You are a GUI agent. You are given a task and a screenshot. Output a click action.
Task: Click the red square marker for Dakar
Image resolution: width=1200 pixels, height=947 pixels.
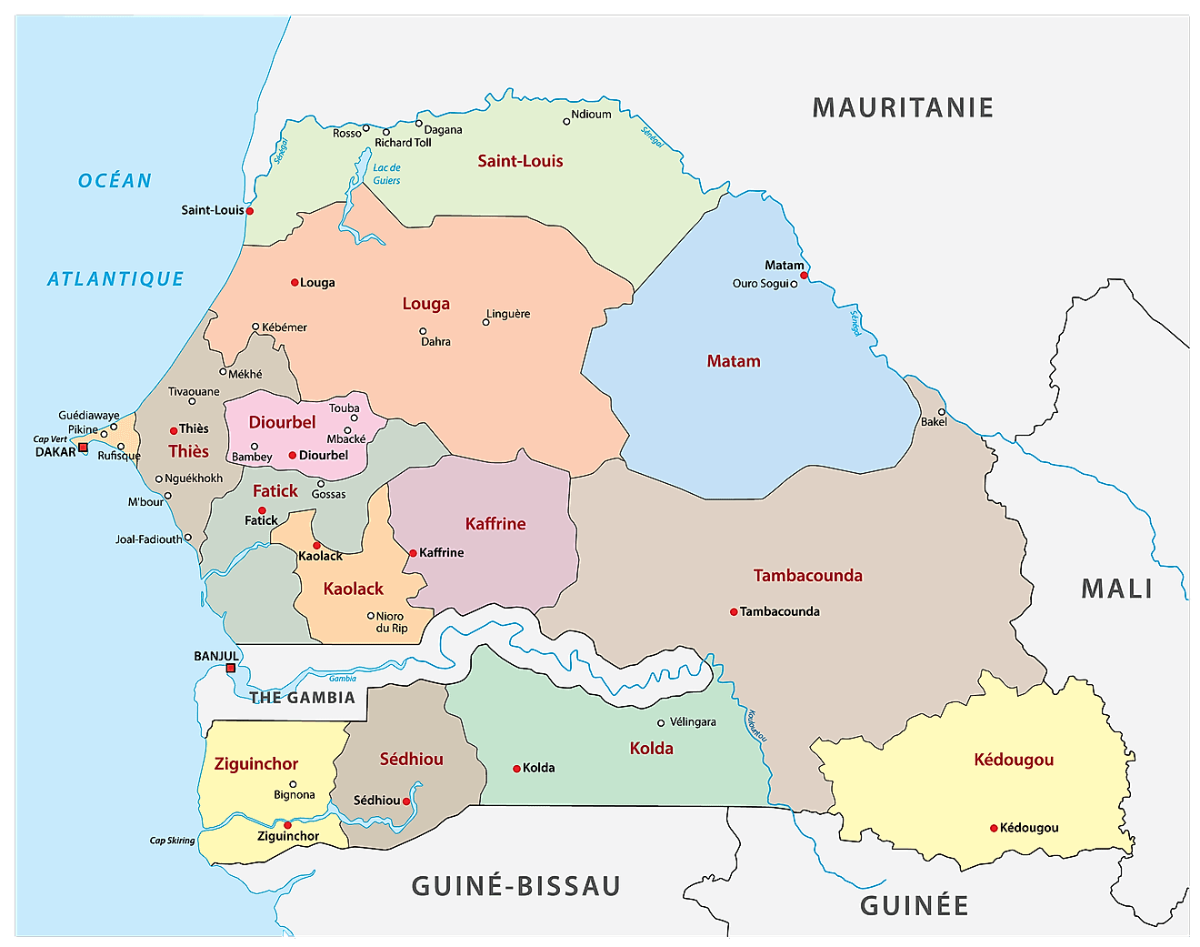(x=83, y=448)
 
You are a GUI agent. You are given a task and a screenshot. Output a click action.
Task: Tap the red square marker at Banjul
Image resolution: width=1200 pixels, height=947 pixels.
(x=231, y=668)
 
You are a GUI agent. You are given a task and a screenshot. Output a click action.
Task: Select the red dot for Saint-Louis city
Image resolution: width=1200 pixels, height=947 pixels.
(x=250, y=211)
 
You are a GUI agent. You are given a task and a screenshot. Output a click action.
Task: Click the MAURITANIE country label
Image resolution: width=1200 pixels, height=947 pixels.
(x=902, y=108)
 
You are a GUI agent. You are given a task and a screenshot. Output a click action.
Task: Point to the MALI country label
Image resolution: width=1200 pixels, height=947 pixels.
(x=1116, y=589)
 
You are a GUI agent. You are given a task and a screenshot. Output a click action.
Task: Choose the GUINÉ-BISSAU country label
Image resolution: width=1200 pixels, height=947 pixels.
(x=515, y=886)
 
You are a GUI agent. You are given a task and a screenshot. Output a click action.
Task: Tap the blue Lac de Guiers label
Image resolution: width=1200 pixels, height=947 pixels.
(x=386, y=174)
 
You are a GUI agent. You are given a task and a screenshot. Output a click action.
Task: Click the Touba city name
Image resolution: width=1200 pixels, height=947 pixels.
(x=344, y=408)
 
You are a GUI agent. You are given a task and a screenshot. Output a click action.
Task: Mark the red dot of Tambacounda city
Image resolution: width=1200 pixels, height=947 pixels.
(x=734, y=612)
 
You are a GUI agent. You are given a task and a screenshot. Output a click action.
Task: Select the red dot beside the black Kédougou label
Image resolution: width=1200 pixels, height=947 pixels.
(x=994, y=828)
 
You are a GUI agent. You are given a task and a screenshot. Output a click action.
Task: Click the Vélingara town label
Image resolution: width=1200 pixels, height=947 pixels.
(x=693, y=722)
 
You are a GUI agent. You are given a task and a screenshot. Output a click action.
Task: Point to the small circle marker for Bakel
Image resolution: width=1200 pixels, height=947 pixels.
(x=942, y=412)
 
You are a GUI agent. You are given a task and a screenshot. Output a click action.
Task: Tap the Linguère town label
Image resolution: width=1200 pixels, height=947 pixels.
(x=508, y=314)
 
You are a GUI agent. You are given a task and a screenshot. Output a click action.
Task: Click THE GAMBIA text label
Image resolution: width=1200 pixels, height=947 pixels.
(x=302, y=698)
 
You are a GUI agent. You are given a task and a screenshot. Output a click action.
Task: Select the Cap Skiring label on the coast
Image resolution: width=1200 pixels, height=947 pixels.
(x=172, y=841)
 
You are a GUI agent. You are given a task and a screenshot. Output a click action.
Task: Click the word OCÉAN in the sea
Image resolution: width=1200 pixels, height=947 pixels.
(x=115, y=181)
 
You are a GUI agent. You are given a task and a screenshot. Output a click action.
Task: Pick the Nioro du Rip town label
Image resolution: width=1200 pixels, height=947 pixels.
(x=391, y=622)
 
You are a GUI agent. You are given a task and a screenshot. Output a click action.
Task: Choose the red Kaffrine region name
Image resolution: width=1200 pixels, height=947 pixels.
(x=495, y=524)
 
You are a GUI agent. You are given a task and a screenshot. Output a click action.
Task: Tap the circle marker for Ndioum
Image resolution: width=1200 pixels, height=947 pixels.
(x=566, y=121)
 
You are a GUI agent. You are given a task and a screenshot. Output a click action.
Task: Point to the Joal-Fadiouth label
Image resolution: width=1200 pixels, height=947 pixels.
(x=148, y=539)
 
